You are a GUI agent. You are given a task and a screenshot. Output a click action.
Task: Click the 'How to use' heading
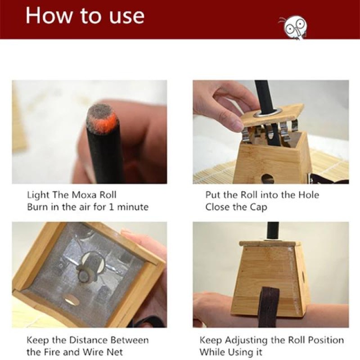coord(85,15)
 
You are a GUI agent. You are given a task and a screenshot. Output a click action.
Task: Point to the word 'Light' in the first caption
coord(36,195)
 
